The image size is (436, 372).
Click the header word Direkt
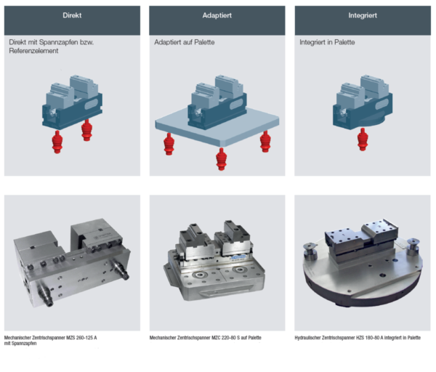(x=72, y=15)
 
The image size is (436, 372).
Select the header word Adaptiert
(x=217, y=15)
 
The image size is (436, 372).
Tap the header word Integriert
(x=362, y=15)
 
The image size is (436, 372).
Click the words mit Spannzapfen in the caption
(x=20, y=344)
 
